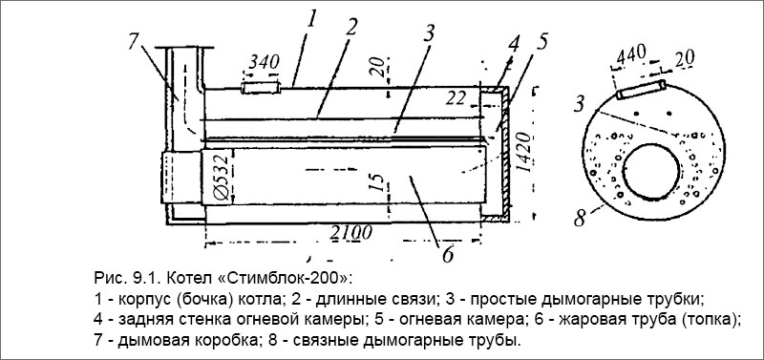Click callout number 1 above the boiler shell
coord(311,16)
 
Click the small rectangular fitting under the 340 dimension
coord(261,88)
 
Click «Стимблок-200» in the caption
coord(298,279)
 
